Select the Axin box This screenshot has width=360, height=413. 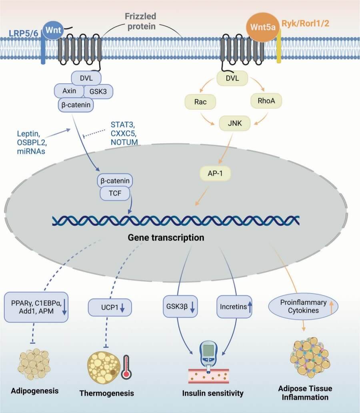[x=69, y=91]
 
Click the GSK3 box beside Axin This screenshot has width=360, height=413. [x=98, y=91]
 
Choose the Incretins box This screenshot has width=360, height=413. [x=234, y=307]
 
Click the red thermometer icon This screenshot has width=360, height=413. [x=127, y=366]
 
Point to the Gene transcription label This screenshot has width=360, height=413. [x=166, y=238]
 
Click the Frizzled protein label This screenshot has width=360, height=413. [x=140, y=21]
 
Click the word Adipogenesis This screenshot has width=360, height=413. [x=35, y=391]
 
